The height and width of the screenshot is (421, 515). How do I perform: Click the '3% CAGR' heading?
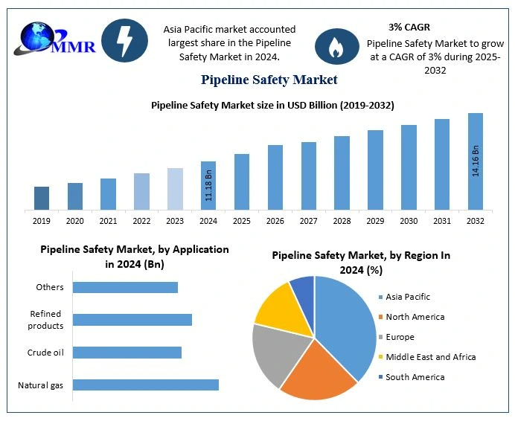tap(409, 28)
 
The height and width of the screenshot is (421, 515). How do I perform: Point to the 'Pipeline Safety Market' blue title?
tap(269, 79)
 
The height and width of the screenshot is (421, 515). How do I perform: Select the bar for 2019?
tap(42, 198)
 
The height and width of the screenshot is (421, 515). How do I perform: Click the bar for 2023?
tap(175, 189)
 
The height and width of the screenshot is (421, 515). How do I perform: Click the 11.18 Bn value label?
tap(209, 186)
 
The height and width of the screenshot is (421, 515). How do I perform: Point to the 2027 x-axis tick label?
tap(309, 221)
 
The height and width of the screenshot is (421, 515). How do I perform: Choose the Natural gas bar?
tap(146, 385)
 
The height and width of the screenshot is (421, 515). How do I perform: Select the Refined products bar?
tap(132, 320)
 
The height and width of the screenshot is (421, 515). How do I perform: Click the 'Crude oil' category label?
tap(45, 353)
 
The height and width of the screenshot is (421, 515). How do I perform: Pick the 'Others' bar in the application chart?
tap(126, 287)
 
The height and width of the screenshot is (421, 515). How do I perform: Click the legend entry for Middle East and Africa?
tap(430, 357)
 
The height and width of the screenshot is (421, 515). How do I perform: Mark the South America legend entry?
tap(415, 377)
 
